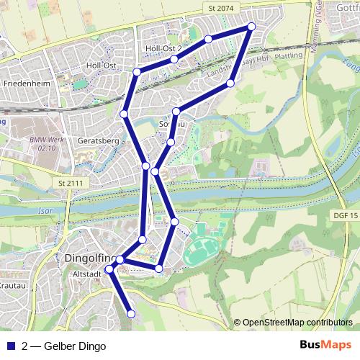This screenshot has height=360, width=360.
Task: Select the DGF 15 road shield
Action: [346, 215]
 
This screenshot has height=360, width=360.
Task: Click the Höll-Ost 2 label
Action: [163, 48]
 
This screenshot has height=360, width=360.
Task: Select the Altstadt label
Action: [86, 273]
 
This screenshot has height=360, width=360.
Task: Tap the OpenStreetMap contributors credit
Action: [297, 322]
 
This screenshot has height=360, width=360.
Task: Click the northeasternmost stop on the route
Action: [251, 27]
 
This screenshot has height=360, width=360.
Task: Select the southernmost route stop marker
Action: [131, 314]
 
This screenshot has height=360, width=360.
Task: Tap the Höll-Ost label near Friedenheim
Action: [101, 66]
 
